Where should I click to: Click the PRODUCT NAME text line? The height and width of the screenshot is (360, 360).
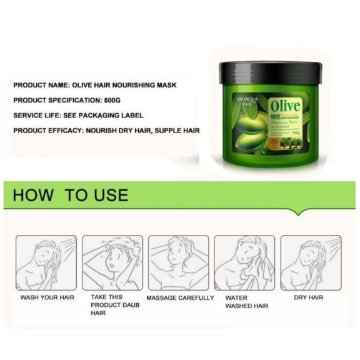click(x=93, y=84)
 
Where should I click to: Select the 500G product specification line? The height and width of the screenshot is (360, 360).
click(x=68, y=100)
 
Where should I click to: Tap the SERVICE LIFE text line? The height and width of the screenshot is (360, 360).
click(x=78, y=116)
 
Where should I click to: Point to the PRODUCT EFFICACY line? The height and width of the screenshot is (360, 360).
click(x=106, y=131)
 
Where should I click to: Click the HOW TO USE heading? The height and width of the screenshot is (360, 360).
click(x=70, y=195)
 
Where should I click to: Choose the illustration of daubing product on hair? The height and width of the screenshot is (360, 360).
click(x=112, y=262)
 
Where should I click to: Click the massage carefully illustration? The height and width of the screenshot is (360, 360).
click(x=178, y=262)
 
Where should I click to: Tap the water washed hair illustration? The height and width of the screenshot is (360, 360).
click(x=244, y=262)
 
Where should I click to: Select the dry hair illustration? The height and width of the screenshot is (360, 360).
click(x=311, y=262)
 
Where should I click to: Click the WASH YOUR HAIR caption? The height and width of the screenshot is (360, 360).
click(x=47, y=297)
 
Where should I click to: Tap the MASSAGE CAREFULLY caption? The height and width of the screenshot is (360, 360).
click(x=180, y=297)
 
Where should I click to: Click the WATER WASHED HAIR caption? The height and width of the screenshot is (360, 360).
click(x=247, y=302)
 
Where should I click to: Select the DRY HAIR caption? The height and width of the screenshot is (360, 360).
click(x=309, y=297)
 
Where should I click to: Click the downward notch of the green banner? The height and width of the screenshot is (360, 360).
click(x=298, y=212)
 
